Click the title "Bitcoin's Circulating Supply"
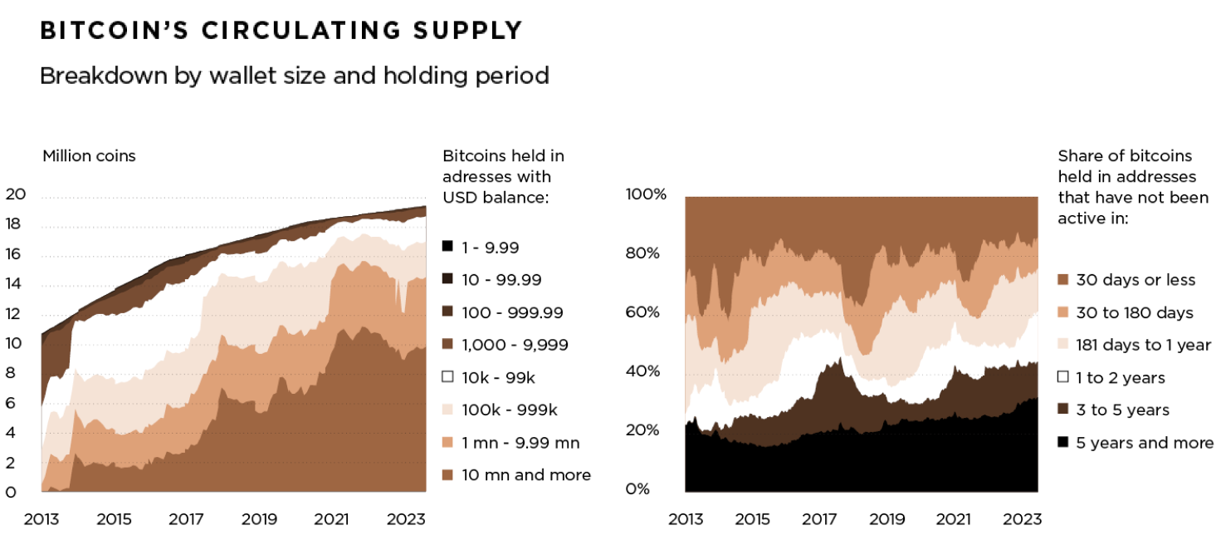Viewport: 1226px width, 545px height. pyautogui.click(x=281, y=31)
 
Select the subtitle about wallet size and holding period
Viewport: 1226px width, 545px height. pyautogui.click(x=294, y=76)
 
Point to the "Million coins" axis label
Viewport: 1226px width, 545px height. pyautogui.click(x=89, y=155)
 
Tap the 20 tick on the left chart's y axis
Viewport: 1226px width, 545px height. pyautogui.click(x=16, y=194)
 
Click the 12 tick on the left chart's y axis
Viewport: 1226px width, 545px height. pyautogui.click(x=16, y=314)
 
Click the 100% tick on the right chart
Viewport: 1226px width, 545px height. pyautogui.click(x=646, y=194)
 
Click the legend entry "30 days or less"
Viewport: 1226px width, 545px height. pyautogui.click(x=1136, y=280)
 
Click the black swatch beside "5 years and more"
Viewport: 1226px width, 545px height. pyautogui.click(x=1063, y=443)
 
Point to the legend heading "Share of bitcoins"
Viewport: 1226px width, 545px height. pyautogui.click(x=1125, y=155)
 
